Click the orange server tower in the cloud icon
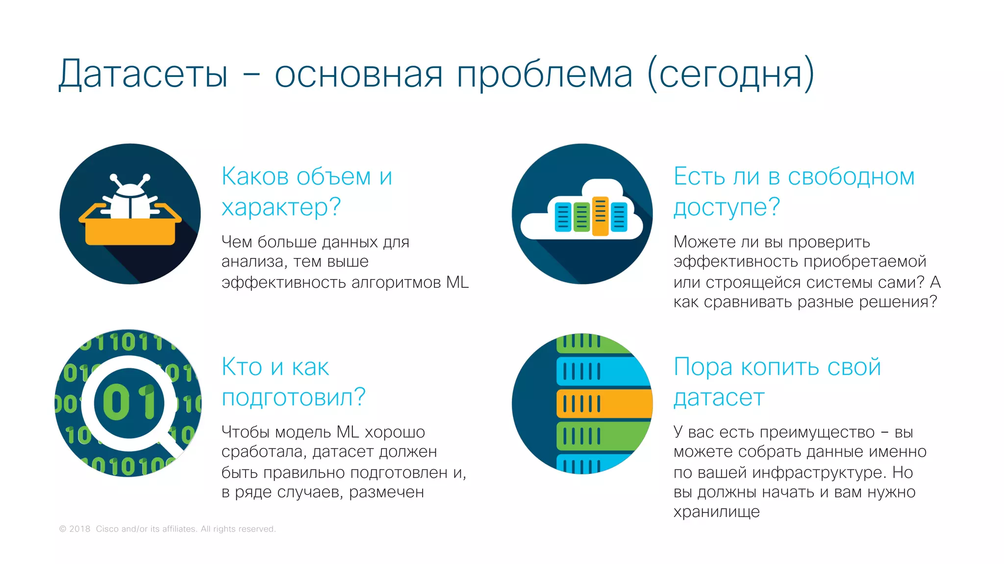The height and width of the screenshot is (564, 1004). click(x=600, y=216)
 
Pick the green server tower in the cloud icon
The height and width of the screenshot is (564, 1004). click(x=581, y=216)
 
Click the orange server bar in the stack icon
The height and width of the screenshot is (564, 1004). click(x=603, y=404)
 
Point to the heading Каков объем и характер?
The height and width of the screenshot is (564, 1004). click(x=307, y=191)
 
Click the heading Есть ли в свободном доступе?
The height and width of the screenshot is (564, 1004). click(x=794, y=191)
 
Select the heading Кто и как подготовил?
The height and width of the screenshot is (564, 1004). click(x=293, y=381)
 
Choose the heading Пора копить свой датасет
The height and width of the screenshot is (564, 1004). click(x=777, y=381)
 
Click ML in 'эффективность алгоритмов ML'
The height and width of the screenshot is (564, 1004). click(x=457, y=282)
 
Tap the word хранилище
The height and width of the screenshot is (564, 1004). click(x=716, y=512)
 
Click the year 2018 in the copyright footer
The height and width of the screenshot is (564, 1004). click(x=79, y=529)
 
